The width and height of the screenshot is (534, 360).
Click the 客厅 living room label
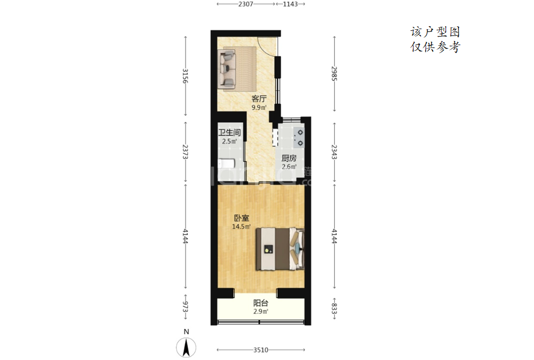pyautogui.click(x=259, y=99)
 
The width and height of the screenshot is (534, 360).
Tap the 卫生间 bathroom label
pyautogui.click(x=229, y=133)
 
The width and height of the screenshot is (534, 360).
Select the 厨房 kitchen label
pyautogui.click(x=289, y=158)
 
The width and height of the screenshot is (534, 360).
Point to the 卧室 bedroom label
pyautogui.click(x=241, y=218)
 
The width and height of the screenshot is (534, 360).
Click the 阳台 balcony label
pyautogui.click(x=260, y=303)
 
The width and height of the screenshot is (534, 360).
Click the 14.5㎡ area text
pyautogui.click(x=242, y=226)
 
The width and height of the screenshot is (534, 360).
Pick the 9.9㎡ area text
pyautogui.click(x=259, y=107)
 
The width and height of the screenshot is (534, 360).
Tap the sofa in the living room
pyautogui.click(x=227, y=68)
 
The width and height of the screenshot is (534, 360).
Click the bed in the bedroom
pyautogui.click(x=280, y=249)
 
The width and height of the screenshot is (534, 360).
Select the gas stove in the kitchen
pyautogui.click(x=298, y=138)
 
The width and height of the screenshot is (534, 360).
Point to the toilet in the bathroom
pyautogui.click(x=226, y=163)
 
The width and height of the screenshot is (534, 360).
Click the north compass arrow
pyautogui.click(x=186, y=347)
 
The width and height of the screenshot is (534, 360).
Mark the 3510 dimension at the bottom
pyautogui.click(x=260, y=350)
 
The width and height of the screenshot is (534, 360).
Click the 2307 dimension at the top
pyautogui.click(x=246, y=4)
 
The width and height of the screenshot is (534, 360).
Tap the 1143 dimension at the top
pyautogui.click(x=290, y=4)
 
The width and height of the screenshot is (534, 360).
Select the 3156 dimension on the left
pyautogui.click(x=185, y=76)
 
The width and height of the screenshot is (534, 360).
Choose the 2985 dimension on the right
pyautogui.click(x=334, y=73)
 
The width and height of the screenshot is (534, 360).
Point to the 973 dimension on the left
pyautogui.click(x=185, y=306)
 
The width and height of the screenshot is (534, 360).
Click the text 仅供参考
pyautogui.click(x=436, y=47)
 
